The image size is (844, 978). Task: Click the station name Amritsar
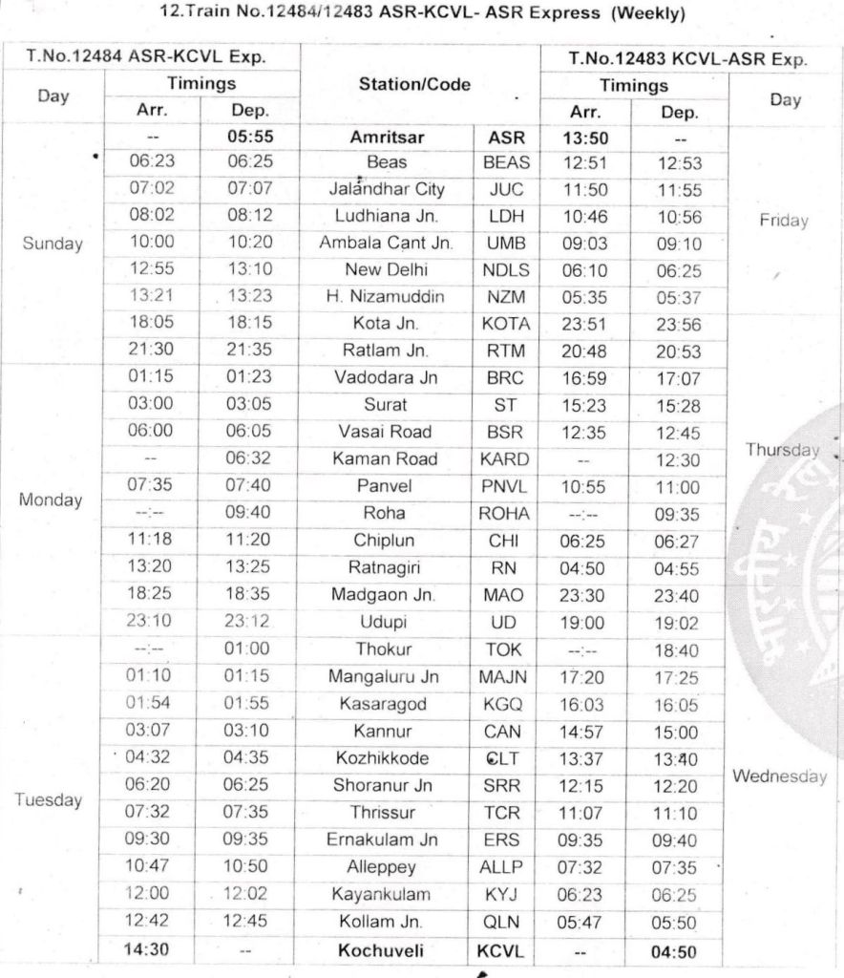(x=387, y=137)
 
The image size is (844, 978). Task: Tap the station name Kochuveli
(x=386, y=951)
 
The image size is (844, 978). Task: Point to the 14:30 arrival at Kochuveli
(x=153, y=951)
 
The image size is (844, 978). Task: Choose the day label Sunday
(x=53, y=243)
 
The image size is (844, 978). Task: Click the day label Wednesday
(x=778, y=776)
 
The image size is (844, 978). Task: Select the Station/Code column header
(x=414, y=85)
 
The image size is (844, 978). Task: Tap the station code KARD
(x=504, y=458)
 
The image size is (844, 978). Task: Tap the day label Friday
(x=783, y=221)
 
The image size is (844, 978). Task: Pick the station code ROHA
(x=505, y=514)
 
